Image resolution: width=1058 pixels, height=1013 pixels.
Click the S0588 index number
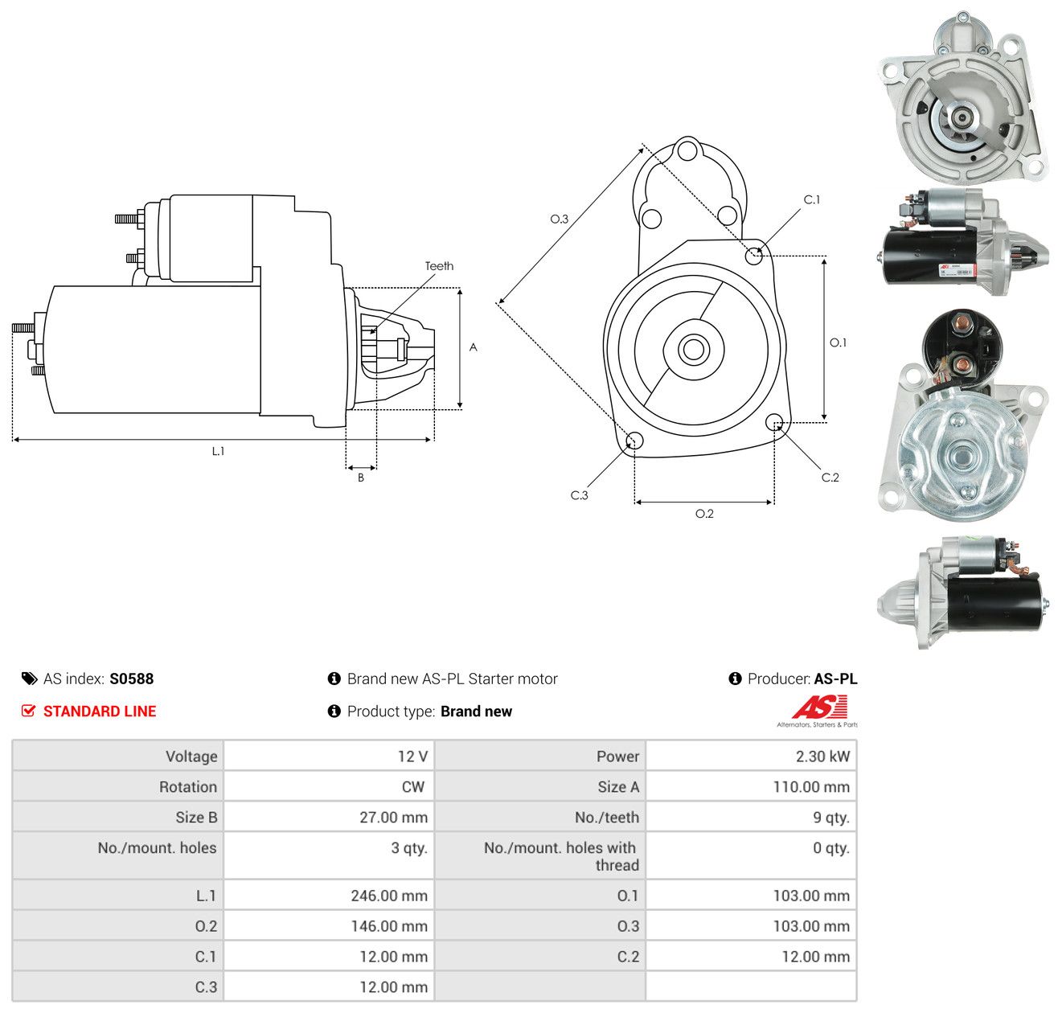[132, 679]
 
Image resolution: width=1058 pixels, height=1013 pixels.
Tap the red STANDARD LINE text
[100, 712]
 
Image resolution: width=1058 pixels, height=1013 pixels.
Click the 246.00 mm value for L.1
[389, 895]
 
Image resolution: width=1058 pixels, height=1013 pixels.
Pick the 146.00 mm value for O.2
[389, 925]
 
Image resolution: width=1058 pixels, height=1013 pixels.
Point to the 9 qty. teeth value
[831, 818]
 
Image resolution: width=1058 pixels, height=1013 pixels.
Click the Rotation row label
[188, 787]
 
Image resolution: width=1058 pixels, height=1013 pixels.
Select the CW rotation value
[413, 787]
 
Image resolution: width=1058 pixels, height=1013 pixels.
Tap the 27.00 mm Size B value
[394, 818]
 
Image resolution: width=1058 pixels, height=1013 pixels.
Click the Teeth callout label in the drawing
[439, 266]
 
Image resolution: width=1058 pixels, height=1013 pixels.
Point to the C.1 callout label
[812, 199]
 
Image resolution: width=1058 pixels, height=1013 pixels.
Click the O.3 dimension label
[559, 219]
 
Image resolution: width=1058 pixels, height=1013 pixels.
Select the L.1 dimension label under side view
[218, 451]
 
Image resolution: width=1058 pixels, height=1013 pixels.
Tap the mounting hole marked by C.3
[634, 441]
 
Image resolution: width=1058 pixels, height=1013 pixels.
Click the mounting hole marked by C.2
[774, 422]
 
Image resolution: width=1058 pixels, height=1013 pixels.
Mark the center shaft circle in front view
[693, 350]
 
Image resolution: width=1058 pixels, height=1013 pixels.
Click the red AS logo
[819, 707]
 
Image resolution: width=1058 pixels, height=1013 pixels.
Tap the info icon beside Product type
[334, 712]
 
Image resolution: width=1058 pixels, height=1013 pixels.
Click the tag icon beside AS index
[29, 679]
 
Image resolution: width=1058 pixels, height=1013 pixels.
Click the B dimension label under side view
[360, 478]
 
